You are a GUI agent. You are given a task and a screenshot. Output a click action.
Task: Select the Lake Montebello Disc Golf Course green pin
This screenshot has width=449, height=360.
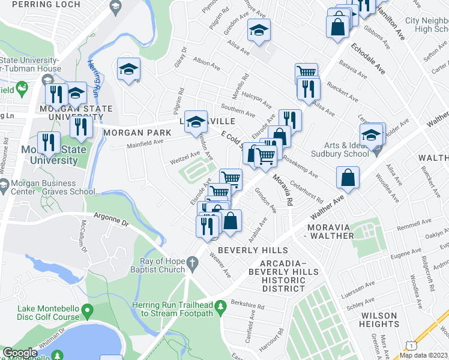point(88,311)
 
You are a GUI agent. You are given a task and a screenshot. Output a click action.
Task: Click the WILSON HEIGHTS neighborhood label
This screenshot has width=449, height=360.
point(378,320)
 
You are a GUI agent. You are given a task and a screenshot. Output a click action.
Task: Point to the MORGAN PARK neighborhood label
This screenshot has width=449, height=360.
point(133,133)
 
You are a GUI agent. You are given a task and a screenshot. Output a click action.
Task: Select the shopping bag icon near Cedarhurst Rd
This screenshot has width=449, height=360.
point(348,178)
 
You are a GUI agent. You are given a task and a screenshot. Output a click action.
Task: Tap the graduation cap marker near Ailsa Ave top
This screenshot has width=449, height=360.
point(259,31)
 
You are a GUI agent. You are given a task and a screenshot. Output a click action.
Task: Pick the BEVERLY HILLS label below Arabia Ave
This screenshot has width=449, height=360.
point(253,250)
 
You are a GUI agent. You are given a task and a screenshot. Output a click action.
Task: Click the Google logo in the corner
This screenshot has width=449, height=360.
point(20,353)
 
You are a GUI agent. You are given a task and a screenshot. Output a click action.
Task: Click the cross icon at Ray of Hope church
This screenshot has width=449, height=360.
point(192,262)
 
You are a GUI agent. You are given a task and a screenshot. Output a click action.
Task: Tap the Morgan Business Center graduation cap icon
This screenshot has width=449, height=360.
point(4,187)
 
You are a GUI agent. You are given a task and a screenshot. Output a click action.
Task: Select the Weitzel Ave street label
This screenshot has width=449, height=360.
point(184,160)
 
